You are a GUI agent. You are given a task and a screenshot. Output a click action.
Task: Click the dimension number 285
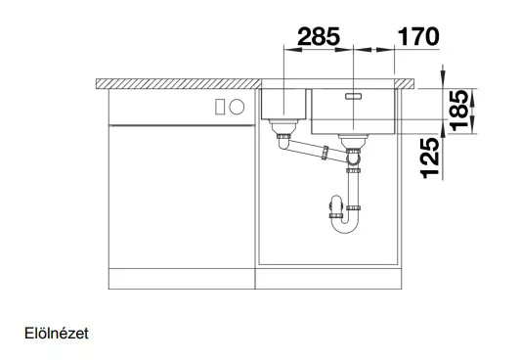coord(319,36)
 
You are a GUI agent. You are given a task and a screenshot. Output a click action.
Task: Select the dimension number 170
coord(418,36)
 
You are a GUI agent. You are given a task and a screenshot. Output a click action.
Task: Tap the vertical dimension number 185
coord(459,111)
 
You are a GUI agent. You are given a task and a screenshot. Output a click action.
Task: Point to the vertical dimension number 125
coord(430,158)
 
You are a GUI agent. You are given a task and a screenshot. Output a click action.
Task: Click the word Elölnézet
coord(57,334)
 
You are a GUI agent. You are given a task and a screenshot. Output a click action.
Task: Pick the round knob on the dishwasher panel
coord(237,107)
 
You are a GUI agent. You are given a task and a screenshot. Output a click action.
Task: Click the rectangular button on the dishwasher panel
coord(220,107)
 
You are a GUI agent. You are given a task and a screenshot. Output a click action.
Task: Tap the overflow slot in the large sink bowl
coord(353,96)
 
